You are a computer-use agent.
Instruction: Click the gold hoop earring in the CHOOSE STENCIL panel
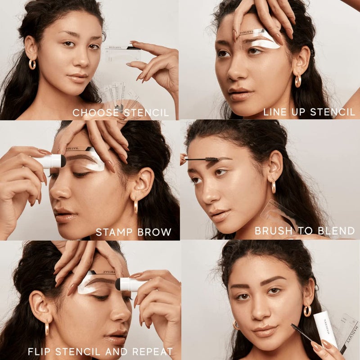[x=32, y=64]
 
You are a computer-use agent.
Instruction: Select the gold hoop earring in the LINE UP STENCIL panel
[x=298, y=81]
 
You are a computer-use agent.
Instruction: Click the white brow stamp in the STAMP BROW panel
[x=49, y=161]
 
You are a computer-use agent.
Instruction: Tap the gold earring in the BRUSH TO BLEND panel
[x=274, y=187]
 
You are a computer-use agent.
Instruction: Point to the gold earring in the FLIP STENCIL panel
[x=47, y=328]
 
